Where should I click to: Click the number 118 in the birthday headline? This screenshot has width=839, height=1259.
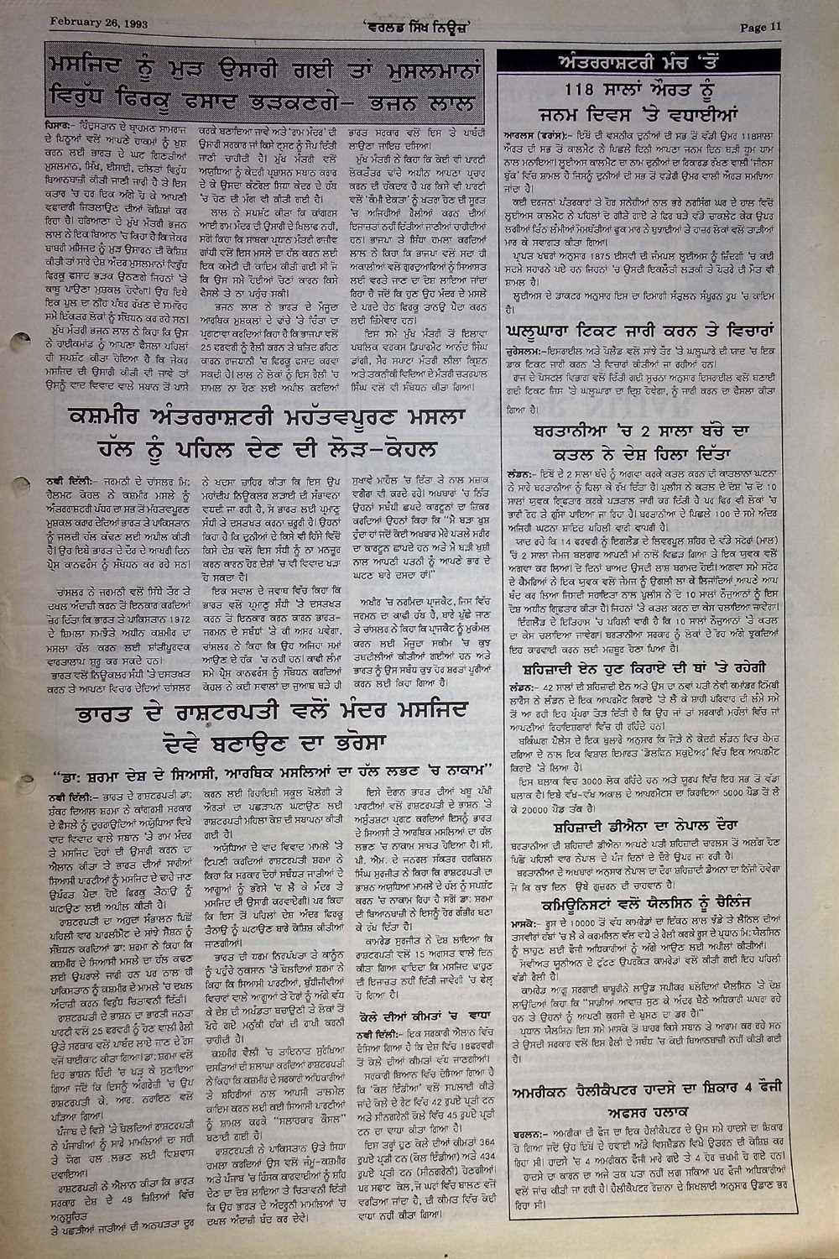(x=568, y=91)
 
